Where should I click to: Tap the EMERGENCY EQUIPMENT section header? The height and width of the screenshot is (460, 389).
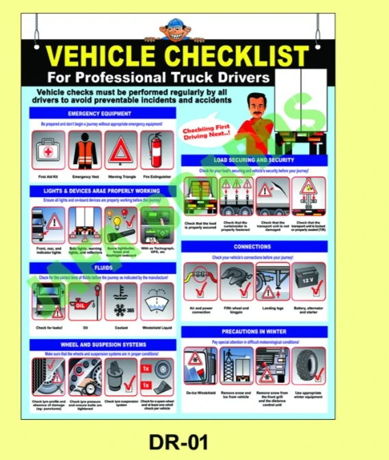point(102,113)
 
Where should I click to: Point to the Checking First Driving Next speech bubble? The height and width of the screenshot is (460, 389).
point(207,129)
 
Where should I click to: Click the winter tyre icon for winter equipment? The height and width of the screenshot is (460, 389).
point(309,366)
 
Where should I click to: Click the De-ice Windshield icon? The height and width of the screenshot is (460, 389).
point(201,366)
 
